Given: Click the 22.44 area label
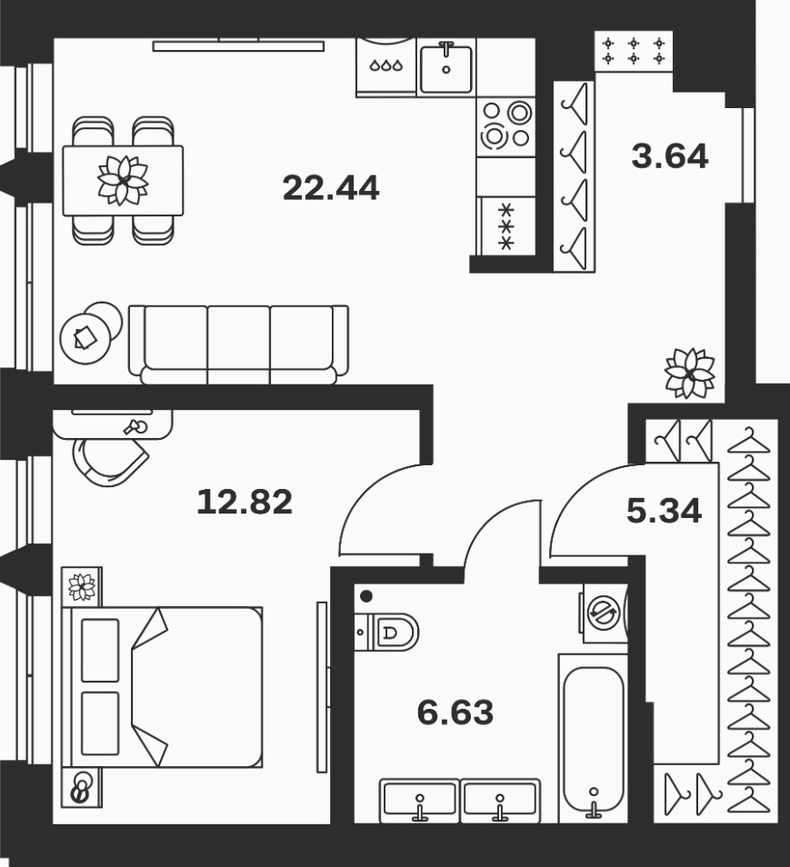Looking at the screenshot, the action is (331, 188).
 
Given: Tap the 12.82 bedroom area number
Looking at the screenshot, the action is (245, 502).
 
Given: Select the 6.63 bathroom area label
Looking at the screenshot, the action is (455, 713).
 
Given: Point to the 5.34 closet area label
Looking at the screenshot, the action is (665, 511).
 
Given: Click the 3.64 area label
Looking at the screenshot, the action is (670, 156).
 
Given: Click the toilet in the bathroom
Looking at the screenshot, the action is (386, 632).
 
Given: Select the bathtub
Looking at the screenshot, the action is (594, 738).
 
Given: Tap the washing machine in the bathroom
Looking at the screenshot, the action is (605, 613).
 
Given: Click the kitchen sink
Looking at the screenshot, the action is (445, 67).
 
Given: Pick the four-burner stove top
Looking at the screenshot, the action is (505, 126).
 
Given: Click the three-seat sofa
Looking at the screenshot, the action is (238, 344).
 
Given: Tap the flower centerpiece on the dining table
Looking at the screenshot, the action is (123, 180).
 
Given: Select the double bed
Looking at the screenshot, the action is (162, 687).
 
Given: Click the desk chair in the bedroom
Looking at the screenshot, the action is (109, 461).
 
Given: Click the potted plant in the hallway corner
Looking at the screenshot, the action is (689, 374).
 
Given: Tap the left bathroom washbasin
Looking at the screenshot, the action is (419, 800).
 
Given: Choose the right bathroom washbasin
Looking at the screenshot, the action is (500, 800).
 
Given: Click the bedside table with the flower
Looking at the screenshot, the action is (82, 587).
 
